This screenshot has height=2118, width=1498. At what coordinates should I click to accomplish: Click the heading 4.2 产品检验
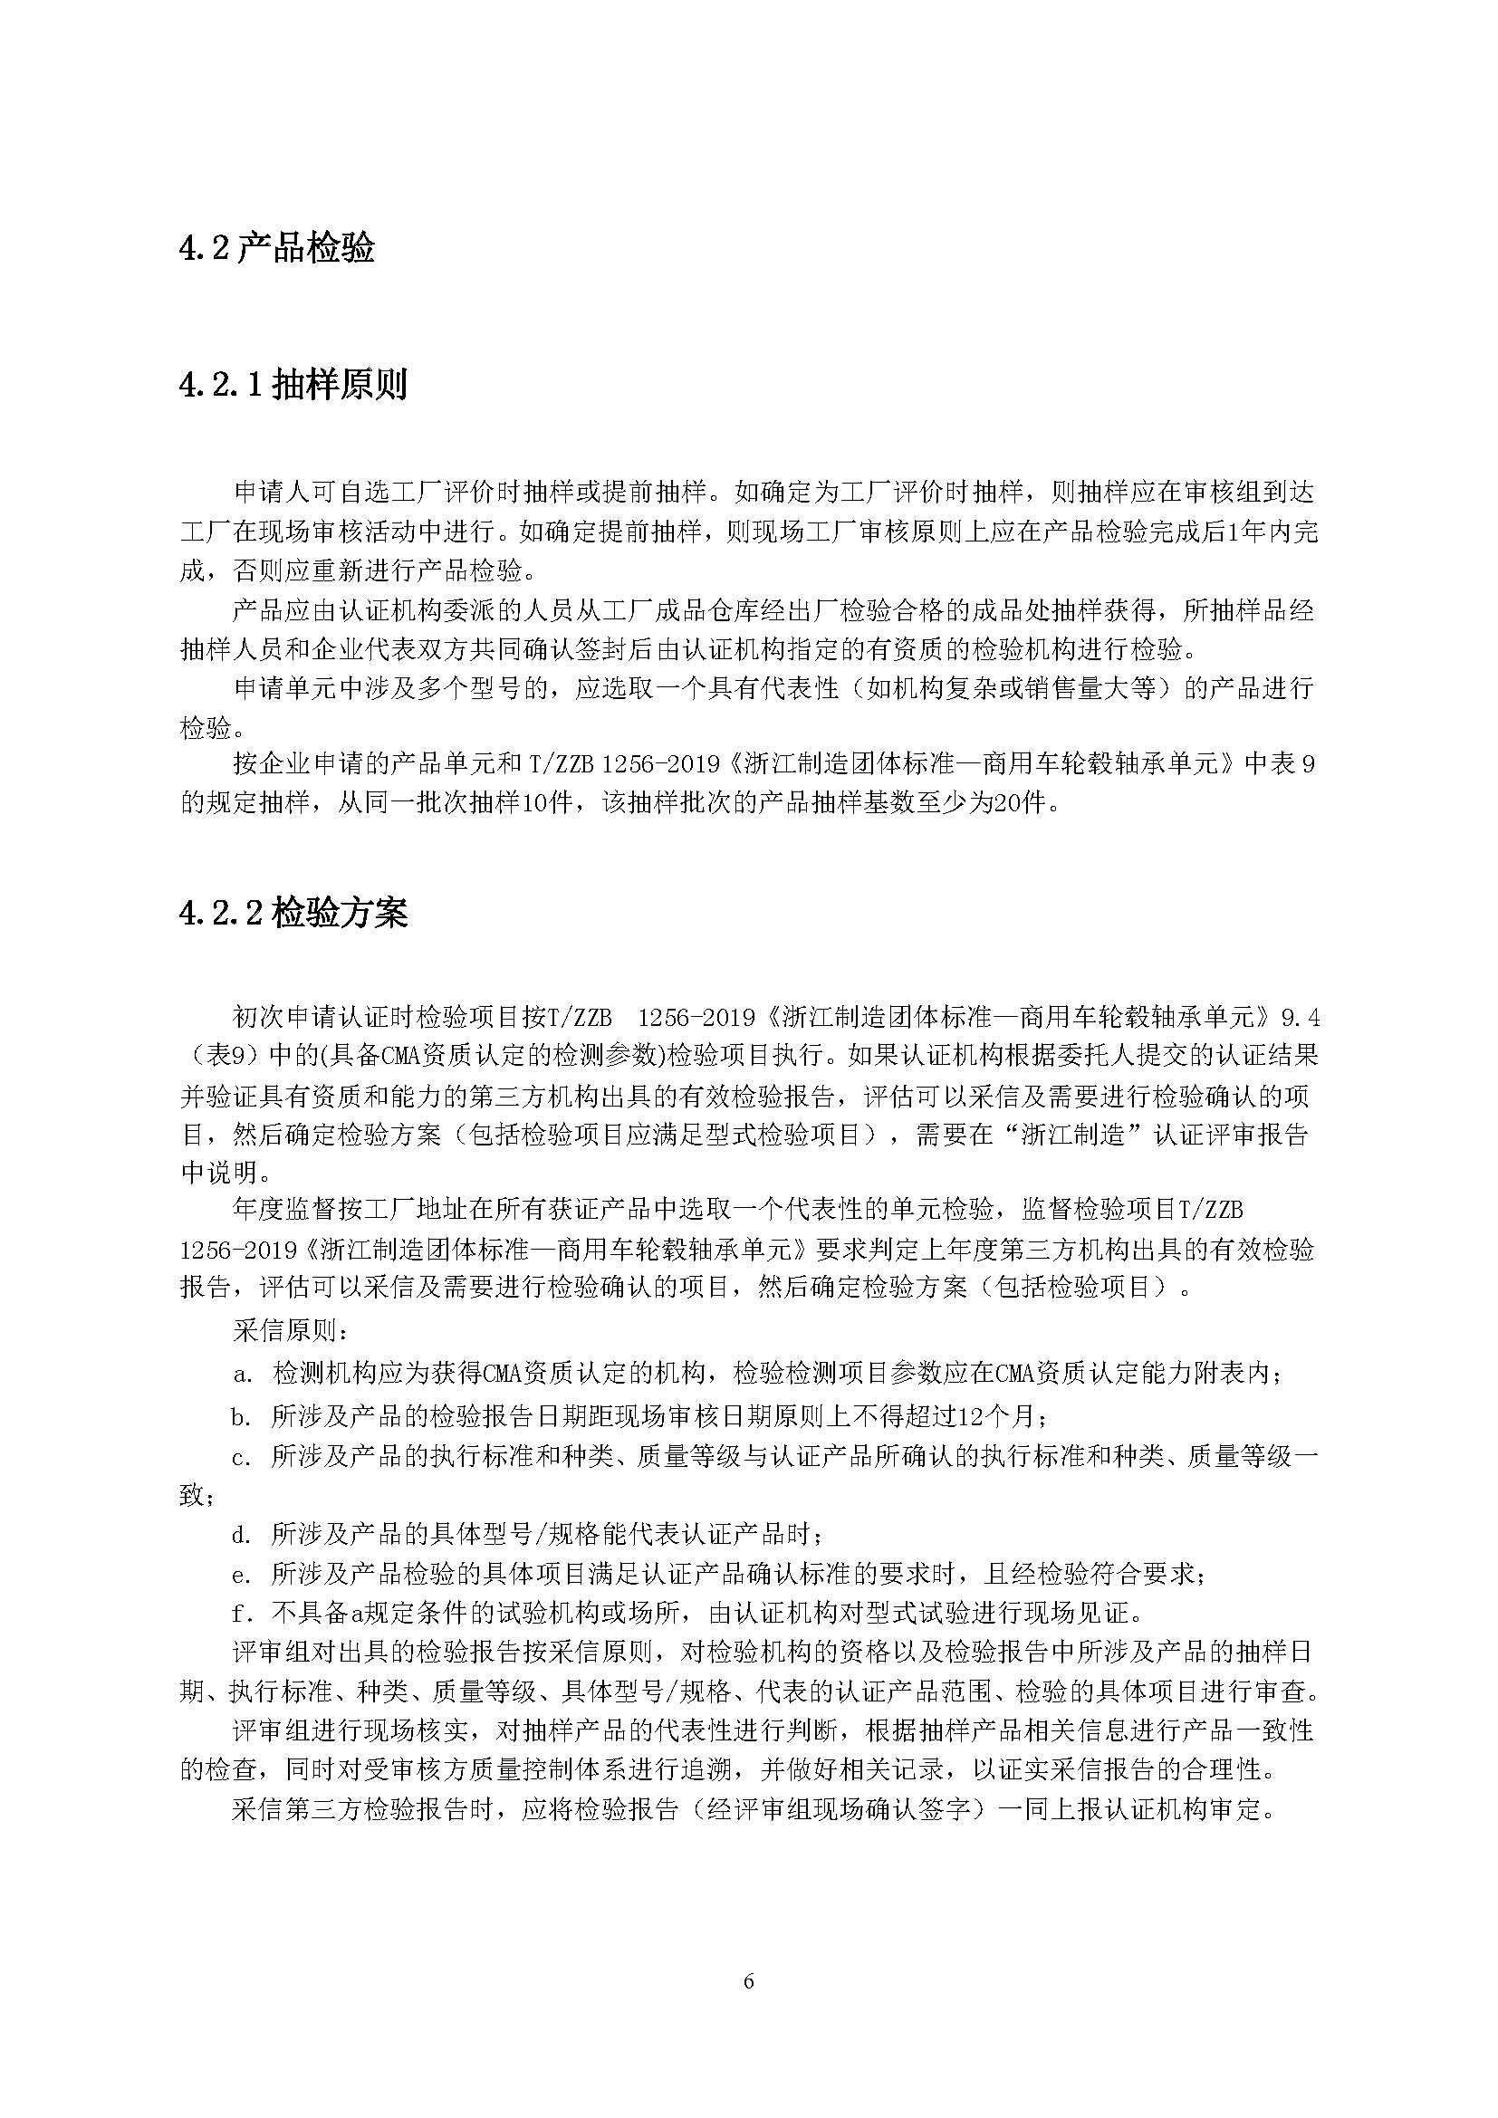[277, 249]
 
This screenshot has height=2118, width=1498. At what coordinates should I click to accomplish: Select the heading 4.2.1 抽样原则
[293, 385]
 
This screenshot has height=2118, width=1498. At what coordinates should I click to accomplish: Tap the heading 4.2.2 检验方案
[293, 914]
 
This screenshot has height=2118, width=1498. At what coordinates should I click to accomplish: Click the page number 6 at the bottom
[748, 1980]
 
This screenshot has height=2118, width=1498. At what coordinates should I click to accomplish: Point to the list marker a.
[243, 1375]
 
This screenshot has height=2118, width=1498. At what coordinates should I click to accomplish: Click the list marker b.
[243, 1416]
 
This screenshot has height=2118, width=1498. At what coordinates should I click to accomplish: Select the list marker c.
[243, 1458]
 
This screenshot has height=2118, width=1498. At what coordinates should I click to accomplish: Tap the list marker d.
[243, 1535]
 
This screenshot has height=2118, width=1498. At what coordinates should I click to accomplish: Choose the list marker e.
[243, 1575]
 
